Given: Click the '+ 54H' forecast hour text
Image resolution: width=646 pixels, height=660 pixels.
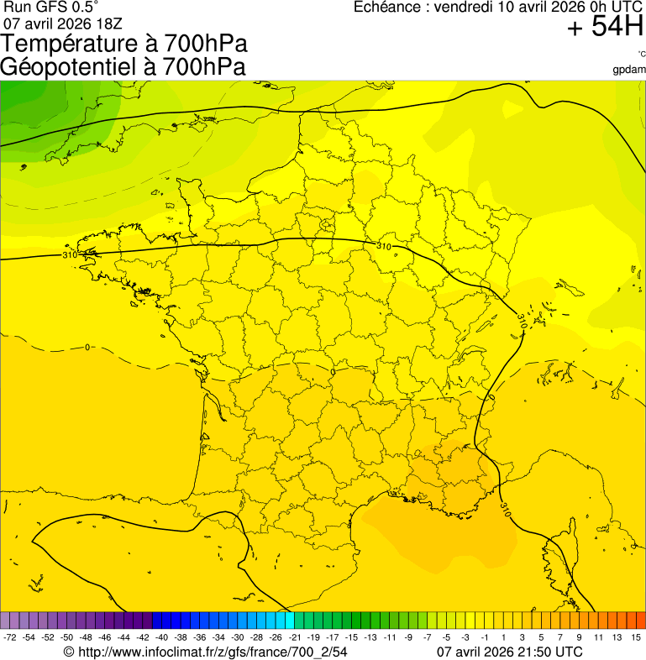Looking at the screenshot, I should coord(604,27).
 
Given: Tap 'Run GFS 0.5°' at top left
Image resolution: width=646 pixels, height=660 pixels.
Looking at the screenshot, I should coord(51,7).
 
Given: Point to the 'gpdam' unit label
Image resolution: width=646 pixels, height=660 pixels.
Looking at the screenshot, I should coord(629,69).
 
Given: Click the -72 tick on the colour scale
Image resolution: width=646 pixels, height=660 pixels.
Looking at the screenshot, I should coord(10,638).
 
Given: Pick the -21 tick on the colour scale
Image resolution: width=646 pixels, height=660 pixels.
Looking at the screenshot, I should coord(294,638).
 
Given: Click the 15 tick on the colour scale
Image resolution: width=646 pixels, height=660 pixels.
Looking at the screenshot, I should coord(636,638).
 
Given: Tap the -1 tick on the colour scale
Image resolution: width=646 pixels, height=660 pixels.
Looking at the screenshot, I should coord(484,638).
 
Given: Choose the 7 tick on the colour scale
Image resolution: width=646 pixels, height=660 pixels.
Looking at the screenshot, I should coord(560,638).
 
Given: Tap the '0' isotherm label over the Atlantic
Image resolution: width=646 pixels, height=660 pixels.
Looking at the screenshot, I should coord(87,347).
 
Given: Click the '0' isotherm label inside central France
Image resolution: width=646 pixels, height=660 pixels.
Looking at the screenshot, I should coord(333,372).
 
